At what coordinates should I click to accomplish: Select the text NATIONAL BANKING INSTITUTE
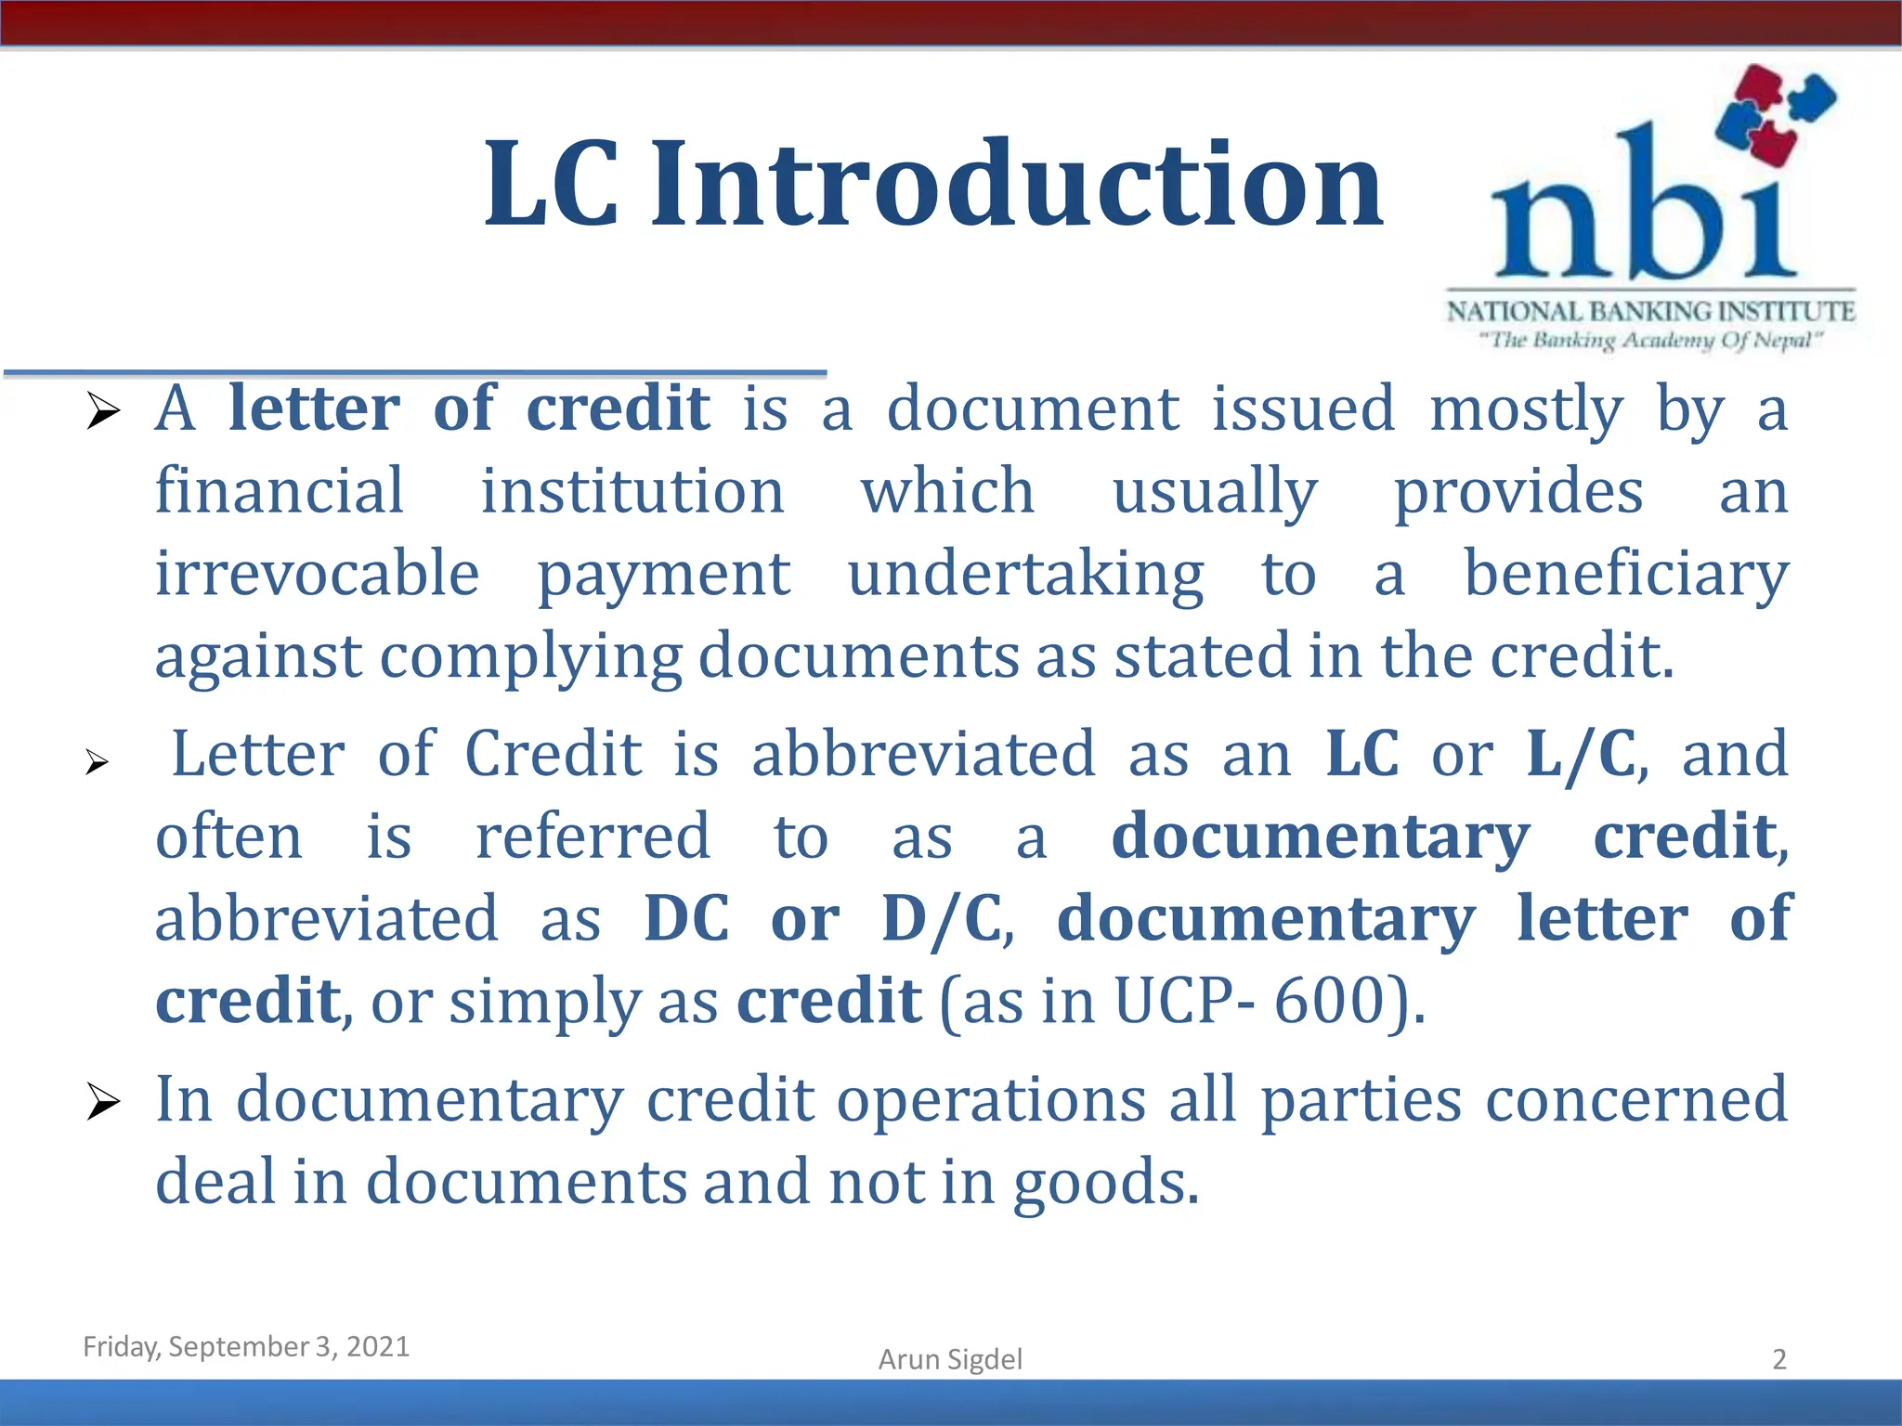pyautogui.click(x=1650, y=311)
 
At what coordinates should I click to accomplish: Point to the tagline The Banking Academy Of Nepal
pyautogui.click(x=1650, y=341)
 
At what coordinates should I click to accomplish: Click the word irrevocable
pyautogui.click(x=317, y=573)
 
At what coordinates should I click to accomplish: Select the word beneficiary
pyautogui.click(x=1625, y=575)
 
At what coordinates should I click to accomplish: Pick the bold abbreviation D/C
pyautogui.click(x=942, y=919)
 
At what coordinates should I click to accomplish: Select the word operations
pyautogui.click(x=991, y=1100)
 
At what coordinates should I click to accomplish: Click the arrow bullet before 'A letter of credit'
pyautogui.click(x=102, y=410)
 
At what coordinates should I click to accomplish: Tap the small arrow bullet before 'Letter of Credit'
pyautogui.click(x=97, y=763)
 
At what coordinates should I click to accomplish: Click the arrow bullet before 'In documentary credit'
pyautogui.click(x=102, y=1102)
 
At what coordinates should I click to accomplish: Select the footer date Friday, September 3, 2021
pyautogui.click(x=246, y=1346)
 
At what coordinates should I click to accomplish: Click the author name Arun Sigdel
pyautogui.click(x=950, y=1359)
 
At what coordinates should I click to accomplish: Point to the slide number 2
pyautogui.click(x=1779, y=1359)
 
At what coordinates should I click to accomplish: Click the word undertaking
pyautogui.click(x=1025, y=575)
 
